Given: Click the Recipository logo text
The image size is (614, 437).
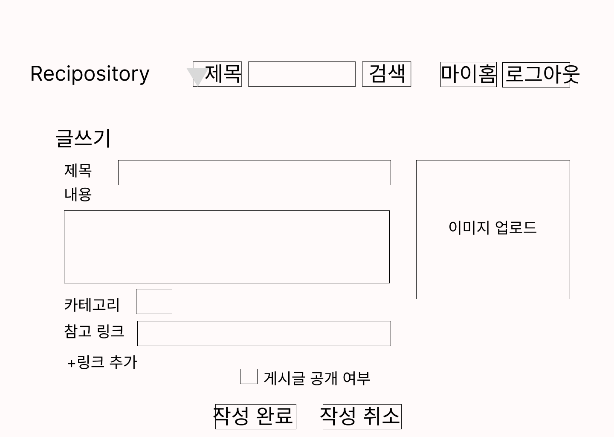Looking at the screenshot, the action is pyautogui.click(x=90, y=74).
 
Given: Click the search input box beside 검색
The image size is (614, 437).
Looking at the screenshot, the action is pyautogui.click(x=301, y=74).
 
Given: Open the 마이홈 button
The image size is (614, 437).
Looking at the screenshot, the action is pyautogui.click(x=468, y=74).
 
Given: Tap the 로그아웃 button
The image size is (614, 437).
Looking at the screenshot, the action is pyautogui.click(x=536, y=74).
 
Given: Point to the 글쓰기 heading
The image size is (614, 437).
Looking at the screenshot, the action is pyautogui.click(x=83, y=138).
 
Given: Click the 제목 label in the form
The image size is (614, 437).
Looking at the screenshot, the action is pyautogui.click(x=78, y=170).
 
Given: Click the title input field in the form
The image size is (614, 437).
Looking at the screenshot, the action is pyautogui.click(x=254, y=172).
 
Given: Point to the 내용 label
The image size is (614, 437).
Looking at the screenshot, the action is pyautogui.click(x=78, y=194).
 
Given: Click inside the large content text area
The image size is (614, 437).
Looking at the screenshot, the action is pyautogui.click(x=226, y=247).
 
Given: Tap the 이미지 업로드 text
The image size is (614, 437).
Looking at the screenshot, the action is pyautogui.click(x=492, y=227).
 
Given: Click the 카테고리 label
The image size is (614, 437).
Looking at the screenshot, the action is pyautogui.click(x=92, y=305).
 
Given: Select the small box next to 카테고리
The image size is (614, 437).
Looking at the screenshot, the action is pyautogui.click(x=154, y=301).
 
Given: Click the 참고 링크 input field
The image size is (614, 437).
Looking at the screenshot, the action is pyautogui.click(x=264, y=333).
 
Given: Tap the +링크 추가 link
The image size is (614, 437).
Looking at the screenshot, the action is pyautogui.click(x=102, y=362).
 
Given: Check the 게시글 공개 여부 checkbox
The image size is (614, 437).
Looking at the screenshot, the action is pyautogui.click(x=249, y=376).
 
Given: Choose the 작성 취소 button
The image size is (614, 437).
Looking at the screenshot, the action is pyautogui.click(x=362, y=416).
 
